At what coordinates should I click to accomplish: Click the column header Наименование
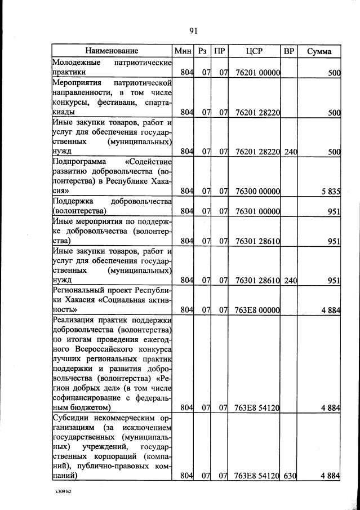click(112, 51)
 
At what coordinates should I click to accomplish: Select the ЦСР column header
click(255, 51)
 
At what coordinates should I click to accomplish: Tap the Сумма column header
click(319, 51)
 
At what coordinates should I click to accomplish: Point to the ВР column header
click(289, 51)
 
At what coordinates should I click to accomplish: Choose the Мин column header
click(183, 51)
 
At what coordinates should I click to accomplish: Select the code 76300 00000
click(256, 192)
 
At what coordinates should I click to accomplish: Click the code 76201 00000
click(256, 73)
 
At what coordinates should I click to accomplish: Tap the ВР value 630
click(290, 476)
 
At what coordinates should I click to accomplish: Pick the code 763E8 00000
click(256, 309)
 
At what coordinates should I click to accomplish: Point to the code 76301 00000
click(256, 212)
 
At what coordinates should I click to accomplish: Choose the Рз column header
click(203, 51)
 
